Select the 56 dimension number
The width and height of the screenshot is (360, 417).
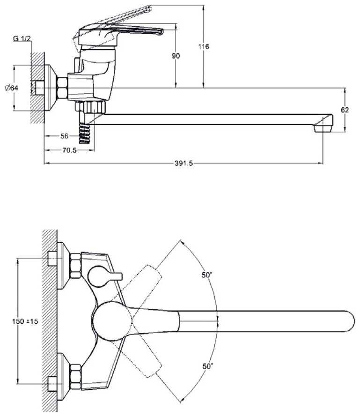pyautogui.click(x=64, y=136)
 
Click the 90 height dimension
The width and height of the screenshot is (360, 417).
pyautogui.click(x=176, y=56)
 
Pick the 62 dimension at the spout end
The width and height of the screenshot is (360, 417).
pyautogui.click(x=345, y=110)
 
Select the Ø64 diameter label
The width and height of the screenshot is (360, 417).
pyautogui.click(x=12, y=88)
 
